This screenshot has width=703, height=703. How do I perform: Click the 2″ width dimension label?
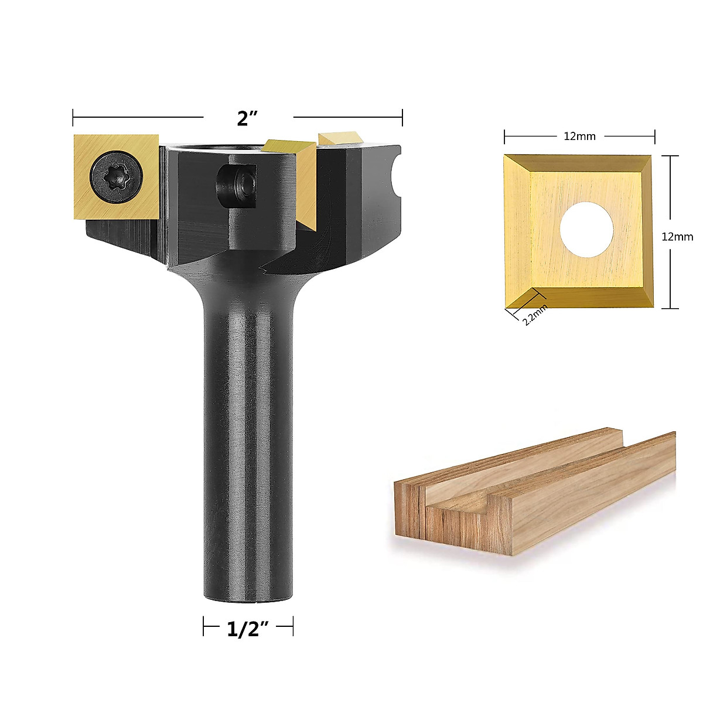click(x=248, y=119)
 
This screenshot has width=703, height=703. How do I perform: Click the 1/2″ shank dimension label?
click(x=247, y=630)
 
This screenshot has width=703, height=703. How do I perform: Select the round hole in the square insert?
click(x=586, y=228)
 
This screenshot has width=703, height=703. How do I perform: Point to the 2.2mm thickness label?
click(x=534, y=316)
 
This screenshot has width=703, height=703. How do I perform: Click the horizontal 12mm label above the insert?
click(x=579, y=136)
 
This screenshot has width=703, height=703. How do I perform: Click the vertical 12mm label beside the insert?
click(x=677, y=237)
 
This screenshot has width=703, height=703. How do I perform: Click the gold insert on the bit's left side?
click(x=116, y=177)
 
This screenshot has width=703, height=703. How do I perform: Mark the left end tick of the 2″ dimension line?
click(x=73, y=118)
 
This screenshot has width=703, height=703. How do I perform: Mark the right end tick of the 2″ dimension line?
click(x=402, y=118)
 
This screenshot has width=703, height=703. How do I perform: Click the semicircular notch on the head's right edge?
click(x=397, y=175)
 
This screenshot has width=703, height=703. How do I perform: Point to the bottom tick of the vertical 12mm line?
click(x=670, y=308)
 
